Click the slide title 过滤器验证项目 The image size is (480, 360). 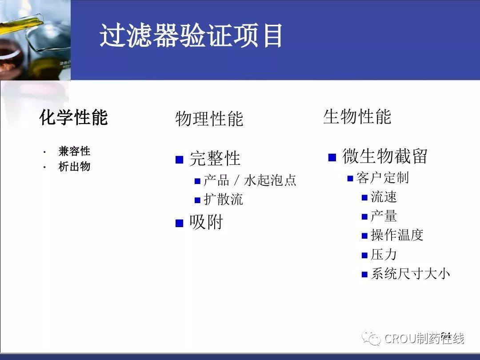[191, 36]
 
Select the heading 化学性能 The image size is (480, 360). [73, 117]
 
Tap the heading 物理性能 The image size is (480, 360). [209, 119]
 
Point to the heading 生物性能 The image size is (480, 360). [357, 116]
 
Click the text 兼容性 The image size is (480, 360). [74, 151]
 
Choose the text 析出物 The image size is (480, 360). [74, 167]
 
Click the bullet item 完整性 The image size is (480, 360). [215, 158]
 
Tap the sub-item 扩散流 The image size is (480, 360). [224, 199]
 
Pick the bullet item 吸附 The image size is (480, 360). [206, 222]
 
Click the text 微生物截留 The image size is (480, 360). [385, 156]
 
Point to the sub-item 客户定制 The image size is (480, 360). [383, 177]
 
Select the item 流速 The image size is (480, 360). [384, 197]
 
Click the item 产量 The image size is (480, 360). [384, 216]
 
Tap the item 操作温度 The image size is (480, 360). [397, 235]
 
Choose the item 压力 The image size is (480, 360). [384, 254]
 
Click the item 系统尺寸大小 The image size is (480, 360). [411, 273]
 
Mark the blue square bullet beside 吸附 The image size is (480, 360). [180, 223]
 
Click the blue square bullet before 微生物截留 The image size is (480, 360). [332, 157]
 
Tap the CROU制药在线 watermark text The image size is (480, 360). [424, 339]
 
